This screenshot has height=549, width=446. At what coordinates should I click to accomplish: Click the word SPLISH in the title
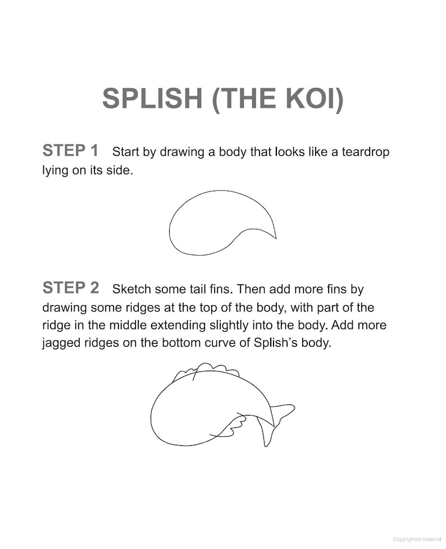[152, 98]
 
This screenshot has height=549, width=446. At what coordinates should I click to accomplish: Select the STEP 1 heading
[70, 150]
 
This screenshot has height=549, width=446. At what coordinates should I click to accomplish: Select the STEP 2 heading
[70, 288]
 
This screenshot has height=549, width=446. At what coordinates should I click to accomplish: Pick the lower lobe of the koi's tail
[268, 434]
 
